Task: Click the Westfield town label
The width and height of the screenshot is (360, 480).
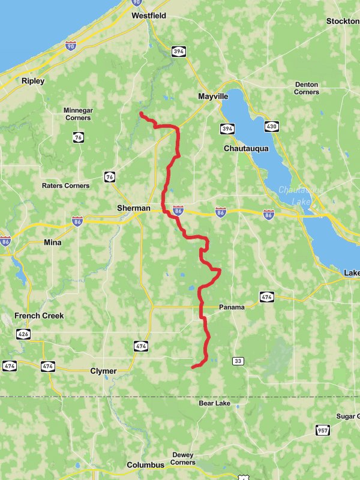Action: coord(149,16)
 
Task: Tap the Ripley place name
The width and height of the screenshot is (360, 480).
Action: coord(33,81)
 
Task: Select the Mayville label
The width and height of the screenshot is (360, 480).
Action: coord(213,96)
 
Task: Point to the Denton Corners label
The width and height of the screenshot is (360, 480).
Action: coord(307,88)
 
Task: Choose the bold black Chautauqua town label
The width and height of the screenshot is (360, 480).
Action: coord(246,148)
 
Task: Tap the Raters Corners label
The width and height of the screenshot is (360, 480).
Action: coord(65,186)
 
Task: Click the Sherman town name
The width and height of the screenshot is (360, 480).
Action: coord(133,208)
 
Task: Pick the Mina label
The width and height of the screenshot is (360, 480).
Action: coord(53,242)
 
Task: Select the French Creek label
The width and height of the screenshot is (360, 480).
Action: coord(40,316)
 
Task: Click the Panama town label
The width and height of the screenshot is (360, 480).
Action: coord(232,307)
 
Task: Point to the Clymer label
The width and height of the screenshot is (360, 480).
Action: coord(103,371)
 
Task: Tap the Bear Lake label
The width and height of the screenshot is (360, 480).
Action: coord(215,403)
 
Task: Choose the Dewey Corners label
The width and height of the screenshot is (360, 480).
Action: coord(182,458)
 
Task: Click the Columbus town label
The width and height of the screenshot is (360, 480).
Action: coord(145,465)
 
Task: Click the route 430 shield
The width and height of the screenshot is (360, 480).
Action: coord(272,127)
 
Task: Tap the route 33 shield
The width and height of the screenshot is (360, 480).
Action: coord(239,361)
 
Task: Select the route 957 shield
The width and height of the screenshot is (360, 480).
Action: coord(323,430)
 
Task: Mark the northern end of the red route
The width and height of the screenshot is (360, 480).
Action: coord(140,113)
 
